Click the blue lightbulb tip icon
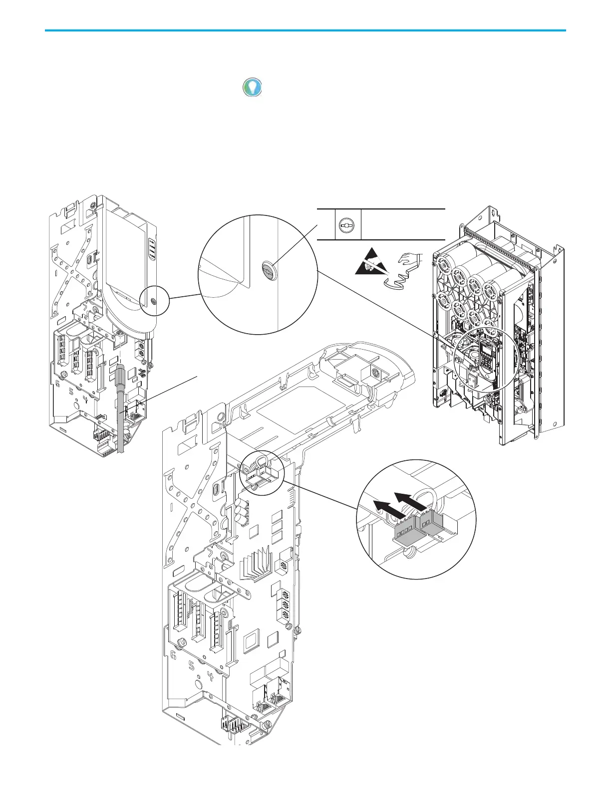(x=253, y=87)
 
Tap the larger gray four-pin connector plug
(x=405, y=533)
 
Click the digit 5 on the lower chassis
(x=192, y=666)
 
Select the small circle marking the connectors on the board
(x=262, y=473)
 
